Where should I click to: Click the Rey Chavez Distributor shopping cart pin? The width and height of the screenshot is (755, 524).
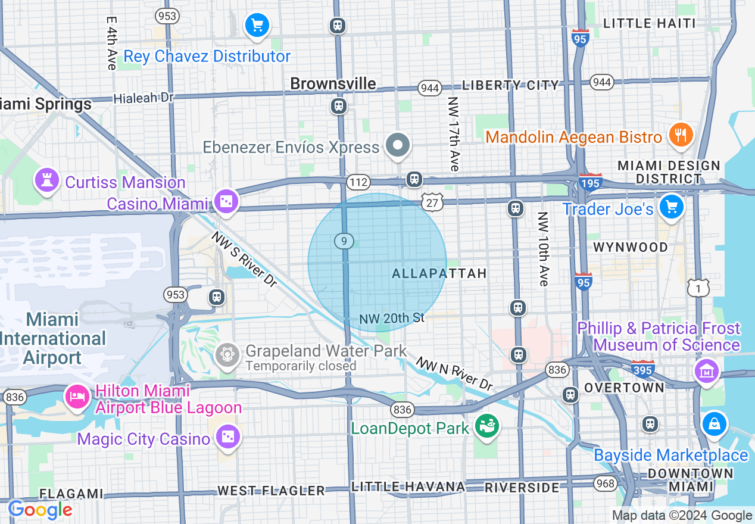coord(257,26)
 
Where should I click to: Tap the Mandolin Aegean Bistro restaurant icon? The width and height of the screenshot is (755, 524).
coord(679,135)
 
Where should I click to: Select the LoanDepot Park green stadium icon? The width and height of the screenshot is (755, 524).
coord(487,425)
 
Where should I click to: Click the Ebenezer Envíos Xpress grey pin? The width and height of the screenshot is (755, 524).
coord(398,145)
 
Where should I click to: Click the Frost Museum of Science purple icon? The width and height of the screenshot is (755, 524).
coord(707,371)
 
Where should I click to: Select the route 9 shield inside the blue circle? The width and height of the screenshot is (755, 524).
coord(344,241)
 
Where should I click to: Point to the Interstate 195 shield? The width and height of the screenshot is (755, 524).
coord(589,181)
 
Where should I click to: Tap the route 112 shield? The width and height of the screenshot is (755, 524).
coord(360,182)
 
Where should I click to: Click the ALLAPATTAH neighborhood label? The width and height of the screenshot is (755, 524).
coord(439,273)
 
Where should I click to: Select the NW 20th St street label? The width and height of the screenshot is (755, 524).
coord(392,319)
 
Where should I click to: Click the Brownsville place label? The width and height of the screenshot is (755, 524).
coord(333,84)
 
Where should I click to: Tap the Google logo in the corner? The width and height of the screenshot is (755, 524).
coord(40,510)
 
